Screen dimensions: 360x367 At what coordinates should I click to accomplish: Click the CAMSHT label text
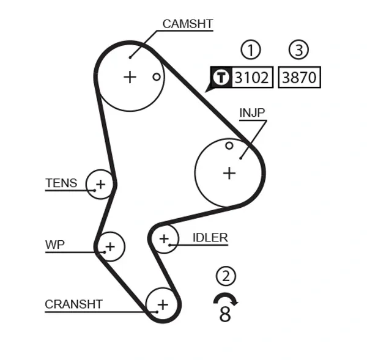(x=187, y=24)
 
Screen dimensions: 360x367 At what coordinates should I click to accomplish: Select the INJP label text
(x=252, y=113)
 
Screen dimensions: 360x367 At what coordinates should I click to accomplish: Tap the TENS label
(x=61, y=183)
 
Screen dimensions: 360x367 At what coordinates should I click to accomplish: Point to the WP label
(x=54, y=245)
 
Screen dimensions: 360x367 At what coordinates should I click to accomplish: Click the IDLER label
(x=210, y=238)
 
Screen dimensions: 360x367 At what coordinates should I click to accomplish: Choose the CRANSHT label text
(x=73, y=304)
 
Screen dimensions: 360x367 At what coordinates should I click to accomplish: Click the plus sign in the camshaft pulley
(x=130, y=77)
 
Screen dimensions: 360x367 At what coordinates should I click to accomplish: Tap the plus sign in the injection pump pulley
(x=229, y=173)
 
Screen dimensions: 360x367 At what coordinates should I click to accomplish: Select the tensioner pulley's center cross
(x=100, y=183)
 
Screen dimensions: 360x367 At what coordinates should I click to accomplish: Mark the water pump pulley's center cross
(x=109, y=247)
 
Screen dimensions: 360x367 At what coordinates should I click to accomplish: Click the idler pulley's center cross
(x=163, y=238)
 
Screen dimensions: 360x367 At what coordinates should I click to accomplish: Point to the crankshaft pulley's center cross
(x=162, y=304)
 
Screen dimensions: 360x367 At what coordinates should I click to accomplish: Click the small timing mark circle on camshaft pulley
(x=157, y=77)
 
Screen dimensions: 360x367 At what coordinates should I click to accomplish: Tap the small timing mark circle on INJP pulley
(x=229, y=145)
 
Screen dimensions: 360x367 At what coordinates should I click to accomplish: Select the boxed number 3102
(x=252, y=78)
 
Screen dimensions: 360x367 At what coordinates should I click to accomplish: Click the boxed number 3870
(x=299, y=78)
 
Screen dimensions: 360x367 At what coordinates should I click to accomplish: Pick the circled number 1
(x=250, y=50)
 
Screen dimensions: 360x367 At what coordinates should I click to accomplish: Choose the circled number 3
(x=298, y=50)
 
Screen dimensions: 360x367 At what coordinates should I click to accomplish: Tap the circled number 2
(x=226, y=276)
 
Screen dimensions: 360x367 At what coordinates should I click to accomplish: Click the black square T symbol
(x=220, y=78)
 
